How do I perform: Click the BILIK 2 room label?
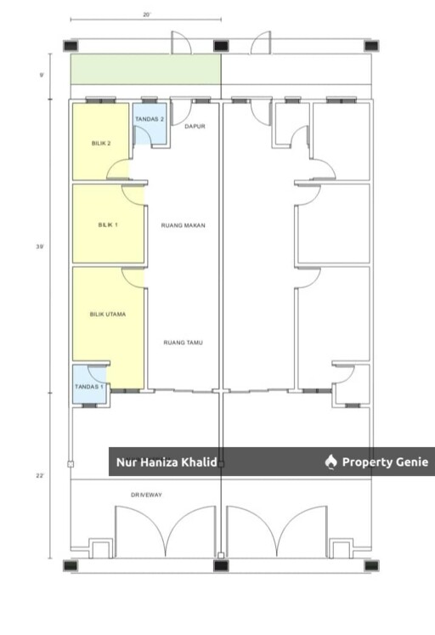pos(101,144)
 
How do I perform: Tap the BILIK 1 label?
pos(108,224)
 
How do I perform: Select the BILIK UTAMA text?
pos(108,314)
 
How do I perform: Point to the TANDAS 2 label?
pos(150,119)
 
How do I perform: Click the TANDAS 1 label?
pos(89,387)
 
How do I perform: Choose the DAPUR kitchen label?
pos(195,127)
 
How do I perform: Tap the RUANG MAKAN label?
pos(184,225)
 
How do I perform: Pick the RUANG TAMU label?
pos(184,343)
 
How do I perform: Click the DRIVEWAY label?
pos(146,495)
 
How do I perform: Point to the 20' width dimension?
pos(146,14)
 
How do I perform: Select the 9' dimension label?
pos(42,75)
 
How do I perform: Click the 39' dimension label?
pos(40,247)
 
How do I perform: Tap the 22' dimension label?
pos(40,476)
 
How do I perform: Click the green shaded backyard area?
pos(145,69)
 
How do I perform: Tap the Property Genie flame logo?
pos(331,462)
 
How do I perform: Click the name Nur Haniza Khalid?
pos(167,462)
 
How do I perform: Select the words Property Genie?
pos(385,462)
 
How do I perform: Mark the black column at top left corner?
pos(71,45)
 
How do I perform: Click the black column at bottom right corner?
pos(371,566)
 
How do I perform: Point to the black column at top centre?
pos(221,45)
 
